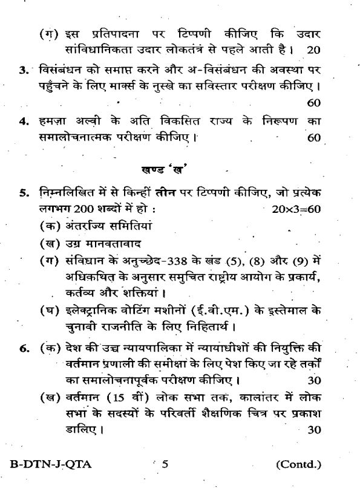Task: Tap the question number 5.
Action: point(23,194)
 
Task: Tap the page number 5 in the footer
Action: point(165,464)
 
